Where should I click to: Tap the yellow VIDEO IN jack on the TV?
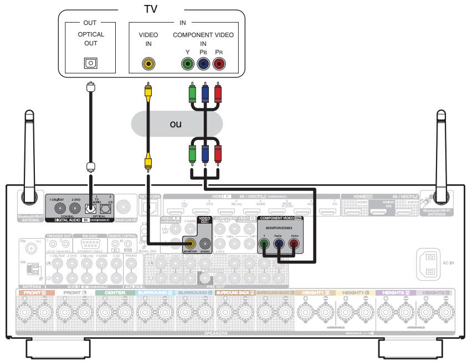coord(148,64)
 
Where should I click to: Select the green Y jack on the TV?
coord(189,64)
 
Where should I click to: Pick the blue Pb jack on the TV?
coord(204,64)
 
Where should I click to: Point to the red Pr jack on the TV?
coord(219,64)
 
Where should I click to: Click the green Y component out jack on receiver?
coord(268,242)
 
